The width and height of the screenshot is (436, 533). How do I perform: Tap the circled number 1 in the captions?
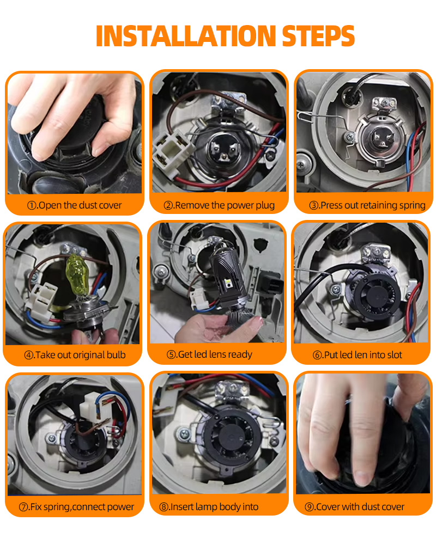(32, 205)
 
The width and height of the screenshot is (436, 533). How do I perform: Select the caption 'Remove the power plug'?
(225, 205)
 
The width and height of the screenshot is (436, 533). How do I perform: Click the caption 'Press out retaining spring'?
(373, 205)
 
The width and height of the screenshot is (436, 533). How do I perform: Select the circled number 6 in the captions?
(317, 355)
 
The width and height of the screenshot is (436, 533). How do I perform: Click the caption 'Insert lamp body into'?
(214, 507)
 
